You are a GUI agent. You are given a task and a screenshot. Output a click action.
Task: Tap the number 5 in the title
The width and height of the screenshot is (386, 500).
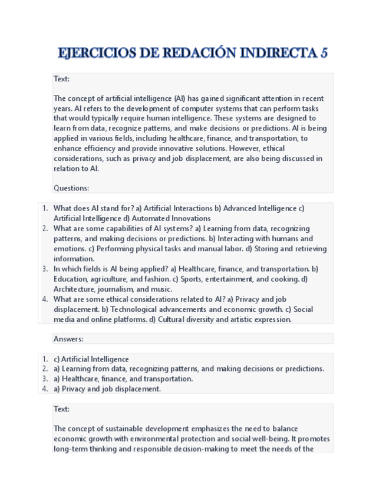click(323, 54)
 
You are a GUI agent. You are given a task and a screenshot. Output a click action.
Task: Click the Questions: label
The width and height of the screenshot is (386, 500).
click(71, 188)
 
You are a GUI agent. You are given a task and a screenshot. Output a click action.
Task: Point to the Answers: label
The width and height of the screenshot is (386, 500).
click(68, 339)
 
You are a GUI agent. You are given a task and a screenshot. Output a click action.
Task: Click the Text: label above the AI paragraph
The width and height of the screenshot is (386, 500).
click(61, 79)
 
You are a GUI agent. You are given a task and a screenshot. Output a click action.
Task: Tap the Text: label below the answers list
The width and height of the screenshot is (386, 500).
click(61, 409)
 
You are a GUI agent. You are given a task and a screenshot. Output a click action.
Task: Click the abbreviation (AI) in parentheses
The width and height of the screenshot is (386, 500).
click(180, 98)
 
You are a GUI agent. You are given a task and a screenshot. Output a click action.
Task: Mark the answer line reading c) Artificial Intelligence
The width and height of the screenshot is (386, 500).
click(91, 359)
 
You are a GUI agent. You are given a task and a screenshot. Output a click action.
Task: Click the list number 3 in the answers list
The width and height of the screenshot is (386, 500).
click(45, 379)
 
